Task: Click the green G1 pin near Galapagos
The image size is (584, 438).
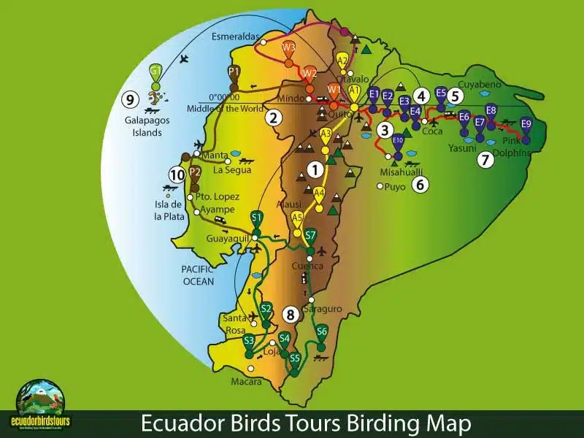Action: pos(155,72)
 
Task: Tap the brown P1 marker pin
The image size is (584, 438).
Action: pos(234,72)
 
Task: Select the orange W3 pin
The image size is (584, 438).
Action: pos(288,48)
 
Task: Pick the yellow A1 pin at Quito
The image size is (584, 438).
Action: pos(354,91)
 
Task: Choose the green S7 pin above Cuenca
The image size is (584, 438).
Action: pos(310,236)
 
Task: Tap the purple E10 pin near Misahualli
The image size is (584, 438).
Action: pos(398,140)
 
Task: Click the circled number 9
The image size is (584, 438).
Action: pos(131,99)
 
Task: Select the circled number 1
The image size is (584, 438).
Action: pos(315,169)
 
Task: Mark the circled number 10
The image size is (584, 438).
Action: pos(177,174)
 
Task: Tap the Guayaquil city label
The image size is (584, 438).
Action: pos(228,238)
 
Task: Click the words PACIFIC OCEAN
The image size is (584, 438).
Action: pos(198,275)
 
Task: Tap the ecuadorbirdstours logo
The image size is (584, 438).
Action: pos(39,404)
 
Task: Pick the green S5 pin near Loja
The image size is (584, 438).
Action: pos(295,360)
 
